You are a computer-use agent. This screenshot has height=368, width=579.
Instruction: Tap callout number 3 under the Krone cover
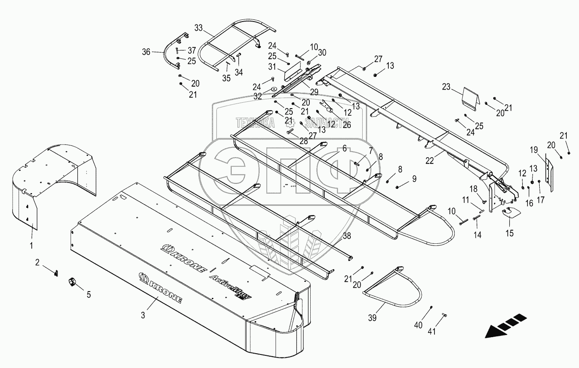click(x=143, y=315)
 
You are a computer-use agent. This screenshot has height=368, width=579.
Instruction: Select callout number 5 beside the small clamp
click(x=89, y=295)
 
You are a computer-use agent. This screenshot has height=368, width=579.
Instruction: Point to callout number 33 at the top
click(x=199, y=28)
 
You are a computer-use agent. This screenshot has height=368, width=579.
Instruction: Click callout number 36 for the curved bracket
click(x=146, y=52)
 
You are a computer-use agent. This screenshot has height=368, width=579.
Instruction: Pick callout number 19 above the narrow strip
click(x=534, y=150)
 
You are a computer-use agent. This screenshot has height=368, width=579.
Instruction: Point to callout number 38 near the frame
click(x=347, y=237)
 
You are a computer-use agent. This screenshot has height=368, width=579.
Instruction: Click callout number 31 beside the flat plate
click(x=272, y=67)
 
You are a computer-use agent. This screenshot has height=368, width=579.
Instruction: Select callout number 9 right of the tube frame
click(x=414, y=179)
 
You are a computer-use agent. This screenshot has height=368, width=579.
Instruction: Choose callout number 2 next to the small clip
click(x=37, y=262)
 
